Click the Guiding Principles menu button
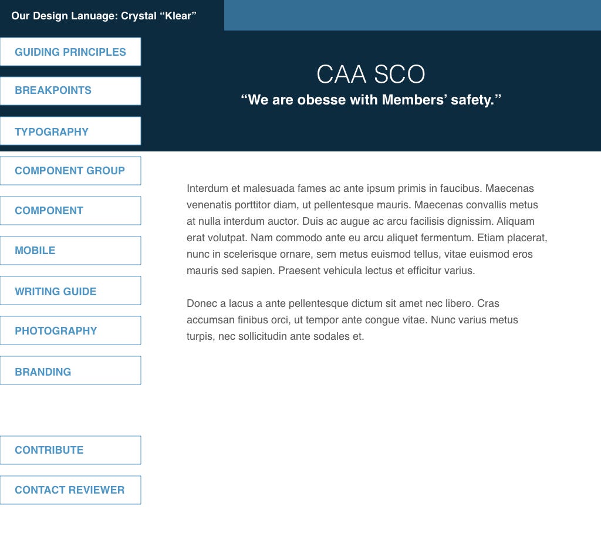(x=70, y=52)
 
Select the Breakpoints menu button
(x=70, y=90)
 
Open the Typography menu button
(x=70, y=131)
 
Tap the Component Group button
(x=70, y=171)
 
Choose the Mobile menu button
(x=70, y=251)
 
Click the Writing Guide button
(x=70, y=291)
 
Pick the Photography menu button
(x=70, y=330)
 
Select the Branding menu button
(x=70, y=371)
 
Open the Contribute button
(x=70, y=450)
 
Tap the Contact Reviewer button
(x=70, y=490)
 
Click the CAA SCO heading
(x=370, y=75)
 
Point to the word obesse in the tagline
(x=322, y=100)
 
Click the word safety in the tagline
(x=474, y=100)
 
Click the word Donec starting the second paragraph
(x=201, y=303)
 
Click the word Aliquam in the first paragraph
(x=516, y=221)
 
